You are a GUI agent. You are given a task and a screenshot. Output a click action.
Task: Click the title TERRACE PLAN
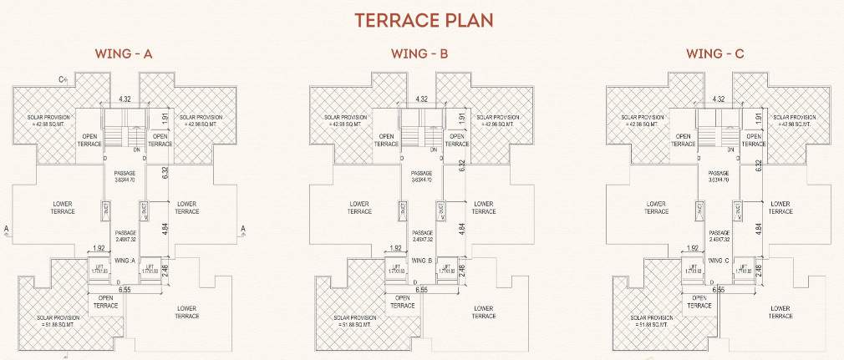point(423,20)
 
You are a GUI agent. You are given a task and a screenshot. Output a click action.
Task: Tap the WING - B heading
point(420,54)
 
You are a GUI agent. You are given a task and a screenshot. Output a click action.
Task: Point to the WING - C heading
point(715,54)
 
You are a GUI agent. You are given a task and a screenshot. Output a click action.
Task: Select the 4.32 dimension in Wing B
point(422,99)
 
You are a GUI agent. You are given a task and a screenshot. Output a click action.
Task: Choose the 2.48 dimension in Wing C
point(758,268)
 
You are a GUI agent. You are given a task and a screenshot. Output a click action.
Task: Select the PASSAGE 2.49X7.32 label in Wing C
point(719,236)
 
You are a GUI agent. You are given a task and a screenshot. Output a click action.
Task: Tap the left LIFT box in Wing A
point(100,268)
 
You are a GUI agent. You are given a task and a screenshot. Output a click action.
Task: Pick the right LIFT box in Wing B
point(447,268)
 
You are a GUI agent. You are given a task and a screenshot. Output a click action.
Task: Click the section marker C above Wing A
point(63,79)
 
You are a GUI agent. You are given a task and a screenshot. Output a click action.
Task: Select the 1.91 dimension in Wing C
point(758,119)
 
